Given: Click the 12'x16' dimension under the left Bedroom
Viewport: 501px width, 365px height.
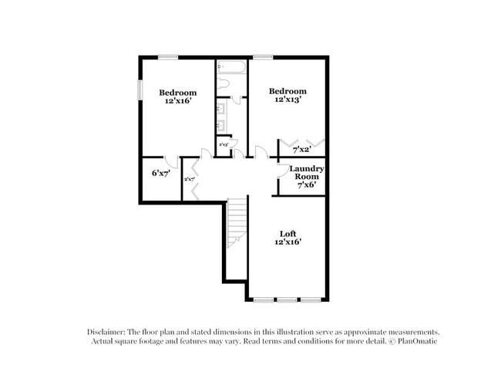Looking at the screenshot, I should coord(178,100).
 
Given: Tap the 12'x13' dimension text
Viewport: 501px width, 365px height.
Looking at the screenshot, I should coord(287,100).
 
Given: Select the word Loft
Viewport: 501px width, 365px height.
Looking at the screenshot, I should coord(287,233).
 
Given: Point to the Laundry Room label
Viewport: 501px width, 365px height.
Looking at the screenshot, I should coord(306,172).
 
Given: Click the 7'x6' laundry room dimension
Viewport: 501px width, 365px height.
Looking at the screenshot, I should coord(306,185).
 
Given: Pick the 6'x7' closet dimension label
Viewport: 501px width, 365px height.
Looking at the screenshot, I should coord(160,173).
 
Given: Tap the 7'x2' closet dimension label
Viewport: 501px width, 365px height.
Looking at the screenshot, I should coord(301,149).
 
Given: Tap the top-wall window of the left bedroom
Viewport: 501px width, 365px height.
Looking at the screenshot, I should coord(169,56).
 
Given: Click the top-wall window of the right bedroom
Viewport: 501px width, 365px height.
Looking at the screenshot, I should coord(263,56).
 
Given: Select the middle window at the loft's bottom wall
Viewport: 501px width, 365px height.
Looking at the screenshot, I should coord(287,299).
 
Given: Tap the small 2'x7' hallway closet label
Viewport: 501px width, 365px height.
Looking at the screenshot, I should coord(189,180).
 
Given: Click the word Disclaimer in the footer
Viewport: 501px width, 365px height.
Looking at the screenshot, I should coord(106,330).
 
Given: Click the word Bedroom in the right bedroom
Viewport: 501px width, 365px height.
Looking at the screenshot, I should coord(287,90).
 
